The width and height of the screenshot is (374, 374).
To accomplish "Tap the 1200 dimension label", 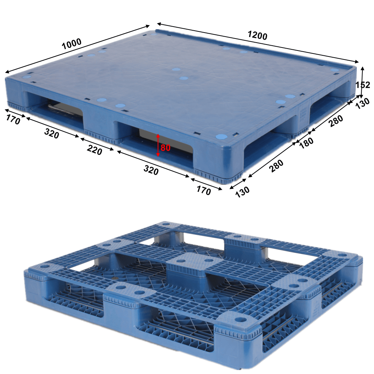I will pos(257,36).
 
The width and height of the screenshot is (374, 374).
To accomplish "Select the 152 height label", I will pos(363,85).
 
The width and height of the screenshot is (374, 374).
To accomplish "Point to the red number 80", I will pos(166,148).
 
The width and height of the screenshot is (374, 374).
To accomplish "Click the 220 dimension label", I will pos(95,150).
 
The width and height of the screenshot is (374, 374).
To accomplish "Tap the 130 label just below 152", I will pos(362,103).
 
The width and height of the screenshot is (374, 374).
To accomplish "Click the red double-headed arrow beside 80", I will pos(158,145).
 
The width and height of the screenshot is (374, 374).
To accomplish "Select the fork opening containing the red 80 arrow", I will pos(161,144).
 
